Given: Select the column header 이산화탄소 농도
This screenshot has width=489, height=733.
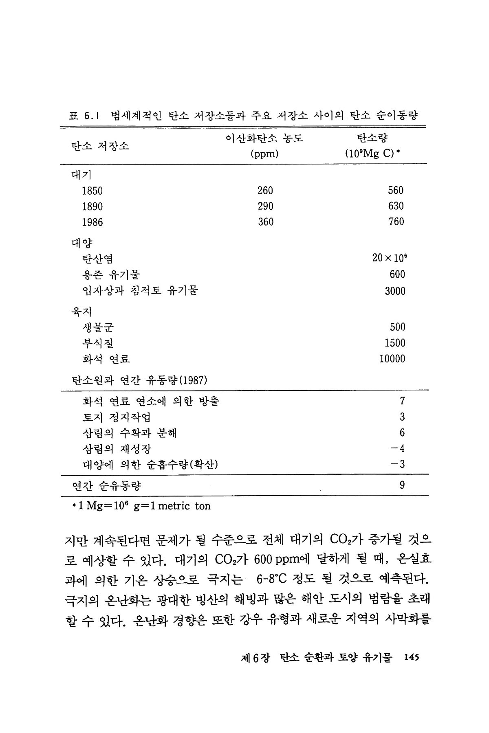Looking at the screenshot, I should coord(265,138).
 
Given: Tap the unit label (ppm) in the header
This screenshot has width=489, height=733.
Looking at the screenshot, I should coord(265,154).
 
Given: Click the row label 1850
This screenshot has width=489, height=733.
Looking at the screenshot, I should coord(93,191).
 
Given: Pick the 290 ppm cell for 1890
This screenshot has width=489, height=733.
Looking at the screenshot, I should coord(265,206).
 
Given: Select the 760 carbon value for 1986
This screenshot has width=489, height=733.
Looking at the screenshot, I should coord(396,222).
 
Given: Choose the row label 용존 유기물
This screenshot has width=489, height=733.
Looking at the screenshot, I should coord(111,275).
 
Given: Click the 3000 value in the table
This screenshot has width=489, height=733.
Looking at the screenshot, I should coord(395,291).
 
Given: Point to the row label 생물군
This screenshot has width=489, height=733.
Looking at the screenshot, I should coord(97,327).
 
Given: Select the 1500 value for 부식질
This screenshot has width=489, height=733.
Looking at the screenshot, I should coord(395,343).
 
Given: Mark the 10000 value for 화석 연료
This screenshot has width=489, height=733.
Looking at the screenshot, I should coord(392,359).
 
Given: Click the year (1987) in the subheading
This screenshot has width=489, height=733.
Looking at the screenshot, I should coord(193,381).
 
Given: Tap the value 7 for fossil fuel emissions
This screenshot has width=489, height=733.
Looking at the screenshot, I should coord(402,401).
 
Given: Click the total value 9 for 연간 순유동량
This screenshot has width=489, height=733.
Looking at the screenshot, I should coord(402,485).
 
